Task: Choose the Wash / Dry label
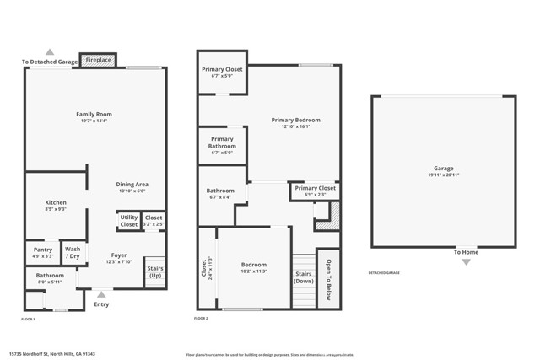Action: [73, 252]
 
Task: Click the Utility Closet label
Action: [128, 221]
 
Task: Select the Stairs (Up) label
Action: [155, 272]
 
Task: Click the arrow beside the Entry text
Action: [101, 294]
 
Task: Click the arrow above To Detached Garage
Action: [50, 52]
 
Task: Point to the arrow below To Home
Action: [466, 262]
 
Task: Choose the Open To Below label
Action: [328, 277]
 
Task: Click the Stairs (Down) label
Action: [304, 277]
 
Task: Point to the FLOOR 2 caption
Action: [201, 319]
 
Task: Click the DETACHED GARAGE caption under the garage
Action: [384, 272]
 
